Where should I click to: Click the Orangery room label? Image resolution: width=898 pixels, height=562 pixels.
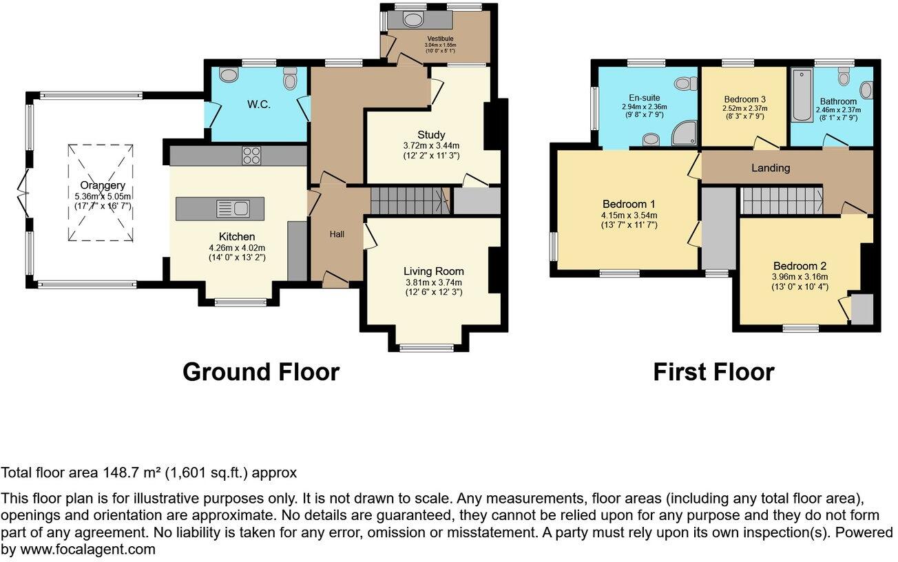(103, 185)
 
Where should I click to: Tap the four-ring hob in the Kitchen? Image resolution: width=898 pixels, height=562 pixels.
(251, 156)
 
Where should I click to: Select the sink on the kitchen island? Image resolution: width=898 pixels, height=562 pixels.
(233, 209)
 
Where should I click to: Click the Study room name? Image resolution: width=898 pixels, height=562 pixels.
(431, 135)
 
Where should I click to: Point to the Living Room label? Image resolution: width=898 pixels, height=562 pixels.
(433, 271)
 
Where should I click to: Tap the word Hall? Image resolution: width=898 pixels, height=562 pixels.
(337, 234)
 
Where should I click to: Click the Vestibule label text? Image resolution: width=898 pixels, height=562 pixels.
(440, 39)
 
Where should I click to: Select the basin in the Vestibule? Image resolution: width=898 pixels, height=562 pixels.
(413, 19)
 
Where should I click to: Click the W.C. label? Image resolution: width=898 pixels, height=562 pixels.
(258, 105)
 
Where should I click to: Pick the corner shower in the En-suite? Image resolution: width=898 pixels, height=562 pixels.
(685, 134)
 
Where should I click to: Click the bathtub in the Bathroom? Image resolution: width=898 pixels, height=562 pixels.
(802, 95)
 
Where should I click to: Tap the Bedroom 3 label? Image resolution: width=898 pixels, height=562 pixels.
(745, 99)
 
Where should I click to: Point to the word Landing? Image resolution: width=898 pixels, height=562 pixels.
(771, 168)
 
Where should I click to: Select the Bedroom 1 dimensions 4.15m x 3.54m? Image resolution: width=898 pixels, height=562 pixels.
(629, 216)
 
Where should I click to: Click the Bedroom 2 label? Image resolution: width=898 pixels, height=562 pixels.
(800, 266)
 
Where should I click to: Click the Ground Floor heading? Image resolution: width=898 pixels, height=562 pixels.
(261, 372)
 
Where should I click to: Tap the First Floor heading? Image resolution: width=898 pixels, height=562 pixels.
(713, 372)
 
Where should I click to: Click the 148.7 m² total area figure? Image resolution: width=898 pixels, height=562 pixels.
(132, 472)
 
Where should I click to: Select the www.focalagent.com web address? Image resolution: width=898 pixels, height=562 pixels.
(87, 549)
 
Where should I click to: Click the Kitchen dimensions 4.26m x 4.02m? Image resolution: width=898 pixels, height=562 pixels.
(237, 248)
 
